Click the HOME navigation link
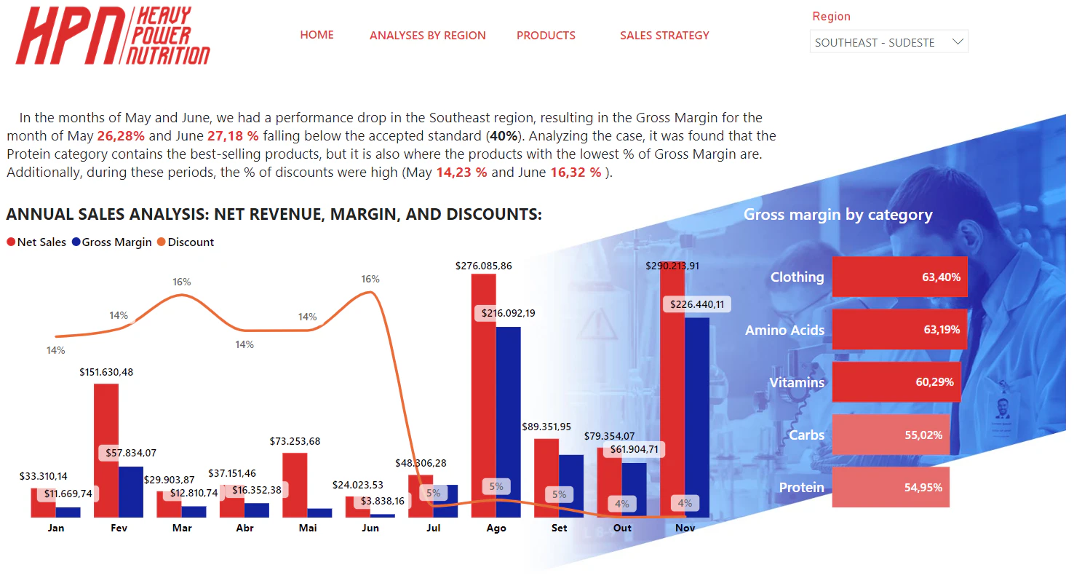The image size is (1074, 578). [317, 35]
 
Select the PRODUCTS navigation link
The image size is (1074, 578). [546, 36]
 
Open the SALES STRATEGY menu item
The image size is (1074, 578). [664, 36]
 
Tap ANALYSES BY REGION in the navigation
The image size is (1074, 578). [427, 36]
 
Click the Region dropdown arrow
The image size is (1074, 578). [958, 41]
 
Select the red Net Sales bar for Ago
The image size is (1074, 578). [483, 396]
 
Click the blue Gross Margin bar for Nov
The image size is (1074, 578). [696, 418]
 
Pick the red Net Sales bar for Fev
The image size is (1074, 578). [106, 451]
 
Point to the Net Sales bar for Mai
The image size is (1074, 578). [295, 485]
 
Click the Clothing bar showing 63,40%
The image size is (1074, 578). [899, 277]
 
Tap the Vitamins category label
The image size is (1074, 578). [796, 382]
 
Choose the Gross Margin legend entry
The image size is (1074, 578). [112, 242]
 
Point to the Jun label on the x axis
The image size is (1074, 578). [370, 528]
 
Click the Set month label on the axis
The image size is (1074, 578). [559, 528]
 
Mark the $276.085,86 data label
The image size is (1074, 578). [483, 266]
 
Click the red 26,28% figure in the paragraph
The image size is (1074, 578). [121, 135]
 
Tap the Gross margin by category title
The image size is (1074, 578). [838, 215]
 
